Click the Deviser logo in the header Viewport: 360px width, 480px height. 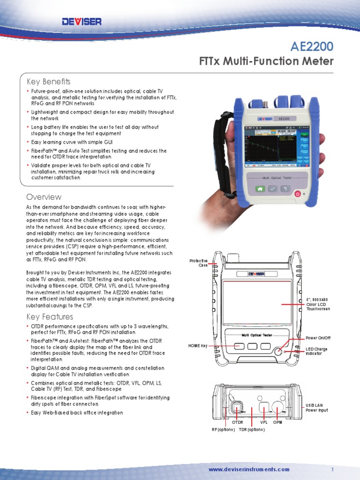[x=82, y=21]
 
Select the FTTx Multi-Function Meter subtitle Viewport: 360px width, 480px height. [x=267, y=61]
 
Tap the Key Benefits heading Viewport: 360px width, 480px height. [x=48, y=81]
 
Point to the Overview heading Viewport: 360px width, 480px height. [x=44, y=197]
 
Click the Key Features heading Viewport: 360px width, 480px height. [x=50, y=316]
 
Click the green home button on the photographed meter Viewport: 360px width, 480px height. [x=259, y=188]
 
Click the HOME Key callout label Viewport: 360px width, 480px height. [x=197, y=346]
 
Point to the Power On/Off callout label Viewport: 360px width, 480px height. [x=318, y=338]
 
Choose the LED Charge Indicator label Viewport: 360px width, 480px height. [x=316, y=351]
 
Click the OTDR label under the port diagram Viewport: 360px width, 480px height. [x=238, y=422]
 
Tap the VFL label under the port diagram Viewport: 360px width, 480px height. [x=263, y=422]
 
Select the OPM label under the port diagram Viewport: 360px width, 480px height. [x=278, y=422]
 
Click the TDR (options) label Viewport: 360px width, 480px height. [x=252, y=429]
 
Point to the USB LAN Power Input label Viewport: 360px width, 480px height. [x=317, y=407]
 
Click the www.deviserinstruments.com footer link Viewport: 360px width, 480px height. [x=249, y=469]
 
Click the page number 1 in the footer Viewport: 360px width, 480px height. [x=332, y=469]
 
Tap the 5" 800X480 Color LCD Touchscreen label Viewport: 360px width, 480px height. [x=318, y=304]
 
